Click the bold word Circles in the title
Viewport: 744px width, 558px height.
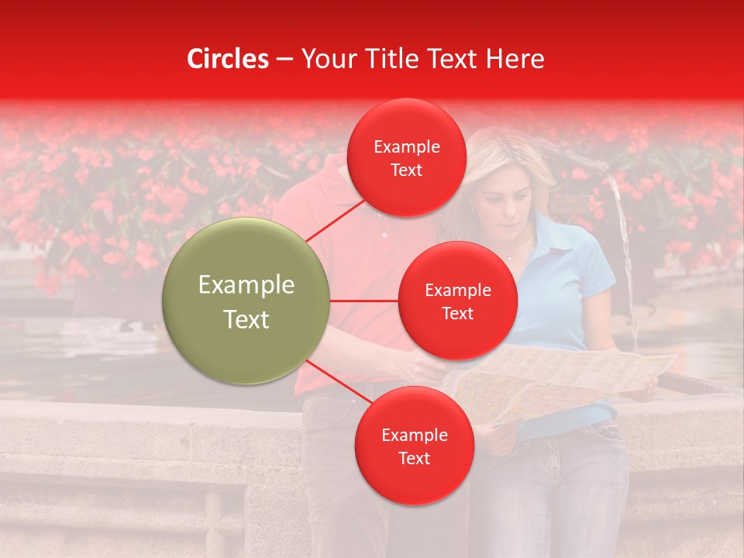pos(227,59)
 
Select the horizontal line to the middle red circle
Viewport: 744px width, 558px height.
pos(364,300)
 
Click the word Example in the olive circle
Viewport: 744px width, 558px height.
pos(246,285)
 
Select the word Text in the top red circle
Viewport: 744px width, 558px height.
pos(407,170)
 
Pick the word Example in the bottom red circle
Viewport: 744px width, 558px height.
pos(414,436)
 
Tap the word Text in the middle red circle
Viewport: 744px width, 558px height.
pos(458,313)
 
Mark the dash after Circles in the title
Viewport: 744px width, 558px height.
pos(284,59)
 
